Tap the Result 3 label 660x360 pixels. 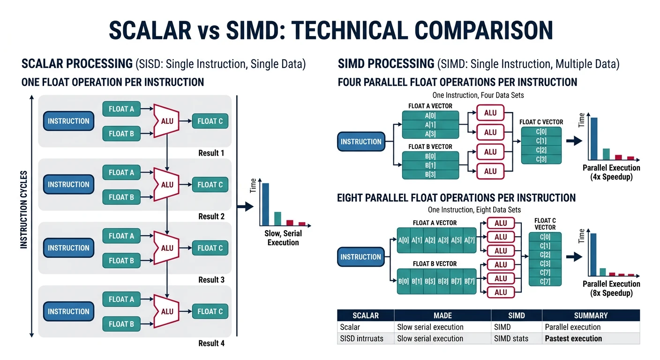[x=211, y=280]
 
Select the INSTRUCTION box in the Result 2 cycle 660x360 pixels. [x=68, y=185]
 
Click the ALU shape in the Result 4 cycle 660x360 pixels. [x=167, y=311]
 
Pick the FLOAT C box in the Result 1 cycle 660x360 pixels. [x=210, y=121]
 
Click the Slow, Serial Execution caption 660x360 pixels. [x=283, y=238]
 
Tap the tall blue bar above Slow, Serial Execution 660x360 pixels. [x=265, y=204]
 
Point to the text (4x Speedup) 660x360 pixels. [x=611, y=177]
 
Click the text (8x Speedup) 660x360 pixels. [x=611, y=293]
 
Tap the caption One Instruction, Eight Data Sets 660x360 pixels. [x=474, y=210]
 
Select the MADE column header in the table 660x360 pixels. [x=442, y=315]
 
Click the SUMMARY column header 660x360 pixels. [x=591, y=315]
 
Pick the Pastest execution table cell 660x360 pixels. [x=573, y=338]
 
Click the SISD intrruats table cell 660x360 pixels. [x=361, y=338]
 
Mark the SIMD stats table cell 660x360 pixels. [x=510, y=338]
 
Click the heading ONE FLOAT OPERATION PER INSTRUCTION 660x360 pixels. [x=112, y=82]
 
